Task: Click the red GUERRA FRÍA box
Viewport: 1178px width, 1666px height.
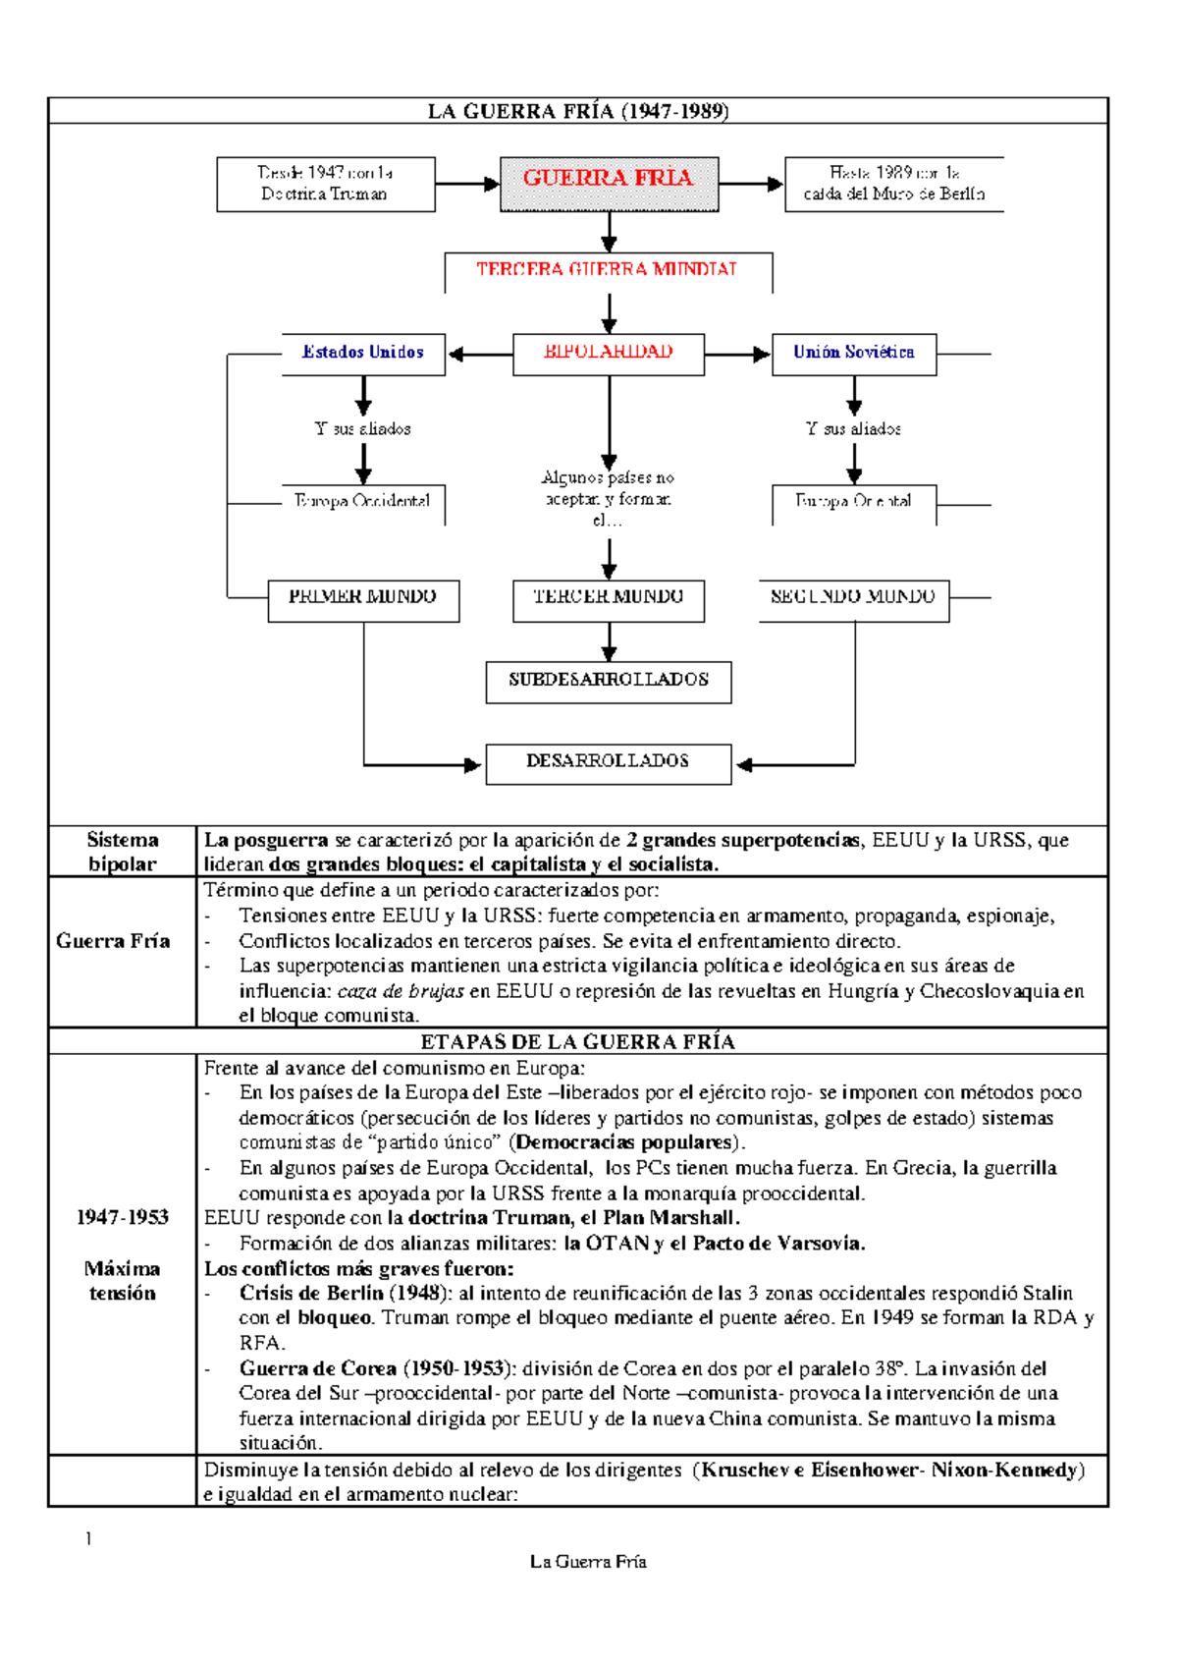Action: pyautogui.click(x=609, y=184)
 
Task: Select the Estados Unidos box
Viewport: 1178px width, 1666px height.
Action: pyautogui.click(x=363, y=354)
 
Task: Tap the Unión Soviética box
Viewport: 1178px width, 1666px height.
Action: pyautogui.click(x=853, y=354)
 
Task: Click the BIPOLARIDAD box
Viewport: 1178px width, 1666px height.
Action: pyautogui.click(x=609, y=354)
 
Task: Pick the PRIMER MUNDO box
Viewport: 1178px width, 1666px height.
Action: pyautogui.click(x=363, y=599)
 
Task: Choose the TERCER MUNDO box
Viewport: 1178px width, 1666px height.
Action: pyautogui.click(x=609, y=599)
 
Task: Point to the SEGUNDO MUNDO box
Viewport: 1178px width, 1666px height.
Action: pyautogui.click(x=853, y=599)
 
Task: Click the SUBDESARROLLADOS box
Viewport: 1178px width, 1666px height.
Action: pyautogui.click(x=609, y=681)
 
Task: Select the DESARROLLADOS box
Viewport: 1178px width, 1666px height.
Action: pyautogui.click(x=609, y=762)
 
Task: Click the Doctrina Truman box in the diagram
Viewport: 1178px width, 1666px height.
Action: pyautogui.click(x=326, y=184)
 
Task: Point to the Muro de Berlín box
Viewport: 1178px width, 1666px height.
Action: pyautogui.click(x=893, y=184)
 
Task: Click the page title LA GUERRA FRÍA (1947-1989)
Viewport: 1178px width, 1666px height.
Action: pyautogui.click(x=578, y=111)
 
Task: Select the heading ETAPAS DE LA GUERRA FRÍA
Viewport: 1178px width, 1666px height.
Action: pyautogui.click(x=578, y=1041)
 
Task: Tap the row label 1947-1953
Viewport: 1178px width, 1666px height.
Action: pyautogui.click(x=123, y=1217)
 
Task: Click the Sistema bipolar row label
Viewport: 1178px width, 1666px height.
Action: pyautogui.click(x=123, y=852)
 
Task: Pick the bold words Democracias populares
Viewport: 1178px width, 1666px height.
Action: pyautogui.click(x=625, y=1142)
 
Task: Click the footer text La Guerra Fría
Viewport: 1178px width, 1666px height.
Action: pyautogui.click(x=588, y=1561)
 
